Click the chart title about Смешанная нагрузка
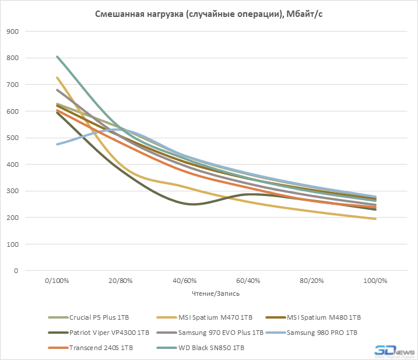[209, 14]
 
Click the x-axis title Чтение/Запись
[215, 293]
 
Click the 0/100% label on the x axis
[57, 281]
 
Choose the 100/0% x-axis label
[374, 281]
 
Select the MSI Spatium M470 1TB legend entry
[214, 317]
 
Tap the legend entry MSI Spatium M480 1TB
[324, 317]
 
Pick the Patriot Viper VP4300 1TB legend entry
[110, 333]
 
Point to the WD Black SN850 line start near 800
[57, 57]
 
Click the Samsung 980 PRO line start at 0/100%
[57, 144]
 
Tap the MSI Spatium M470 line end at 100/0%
[374, 219]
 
